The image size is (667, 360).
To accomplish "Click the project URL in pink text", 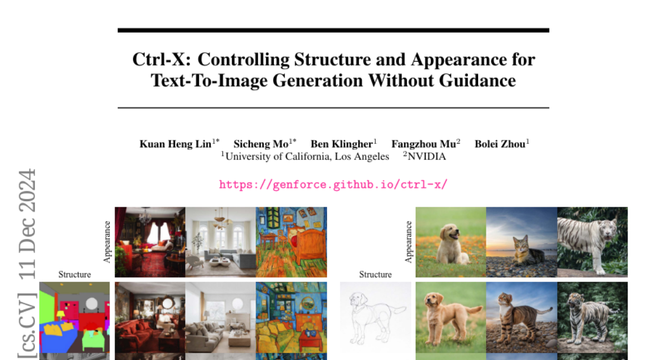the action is point(333,184).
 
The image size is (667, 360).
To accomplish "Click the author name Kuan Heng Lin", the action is point(176,144).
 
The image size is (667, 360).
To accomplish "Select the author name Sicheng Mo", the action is point(261,144).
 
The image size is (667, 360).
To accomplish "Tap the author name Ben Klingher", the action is point(341,144).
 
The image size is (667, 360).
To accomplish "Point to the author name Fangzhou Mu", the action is point(424,144).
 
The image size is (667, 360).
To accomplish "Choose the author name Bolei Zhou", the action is point(500,144).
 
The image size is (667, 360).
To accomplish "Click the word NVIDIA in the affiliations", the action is point(426,157).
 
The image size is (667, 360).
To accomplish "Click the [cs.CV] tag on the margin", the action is point(27,325).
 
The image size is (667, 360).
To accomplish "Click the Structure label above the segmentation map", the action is point(74,274).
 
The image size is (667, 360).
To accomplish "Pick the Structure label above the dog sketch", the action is point(375,274).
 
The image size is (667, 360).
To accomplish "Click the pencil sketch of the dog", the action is point(376,317).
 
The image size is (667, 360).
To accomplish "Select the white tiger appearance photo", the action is point(593,242).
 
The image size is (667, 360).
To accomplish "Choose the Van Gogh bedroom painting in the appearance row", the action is point(291,242).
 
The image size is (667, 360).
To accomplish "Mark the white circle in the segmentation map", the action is point(91,303).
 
